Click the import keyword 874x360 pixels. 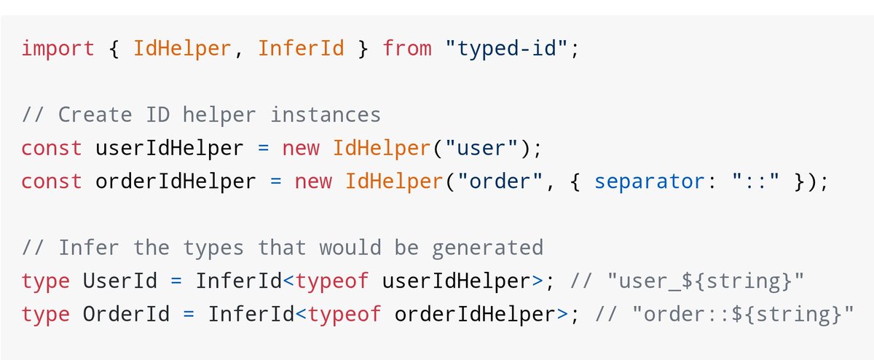tap(58, 49)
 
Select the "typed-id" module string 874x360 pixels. tap(507, 49)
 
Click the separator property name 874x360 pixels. tap(644, 181)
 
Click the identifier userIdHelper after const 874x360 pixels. tap(170, 148)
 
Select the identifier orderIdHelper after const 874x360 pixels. tap(176, 181)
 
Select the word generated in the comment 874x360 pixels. tap(488, 248)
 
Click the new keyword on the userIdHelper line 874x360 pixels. tap(301, 148)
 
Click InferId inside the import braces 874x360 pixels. tap(301, 49)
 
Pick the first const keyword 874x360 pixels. tap(52, 148)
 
